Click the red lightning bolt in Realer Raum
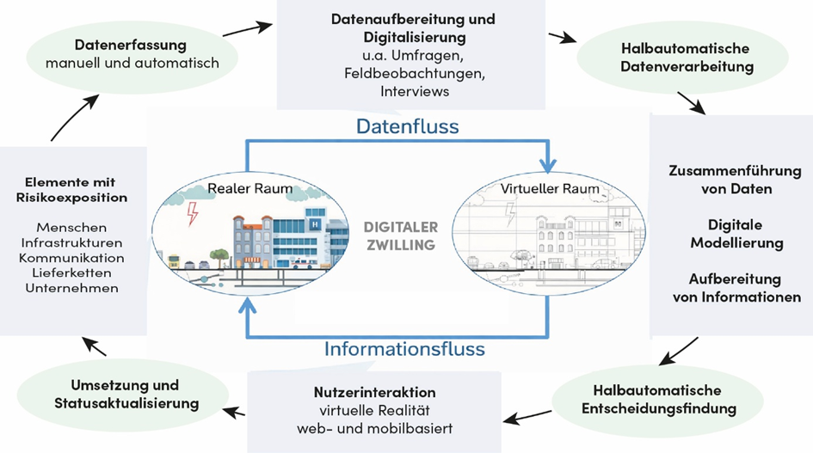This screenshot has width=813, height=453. (193, 213)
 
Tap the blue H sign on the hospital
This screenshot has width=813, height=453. (314, 223)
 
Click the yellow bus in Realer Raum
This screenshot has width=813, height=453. (174, 261)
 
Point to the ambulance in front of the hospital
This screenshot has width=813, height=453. (302, 263)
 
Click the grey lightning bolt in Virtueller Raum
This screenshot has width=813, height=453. (511, 213)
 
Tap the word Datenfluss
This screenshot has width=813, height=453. (408, 126)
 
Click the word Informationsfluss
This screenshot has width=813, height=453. (404, 349)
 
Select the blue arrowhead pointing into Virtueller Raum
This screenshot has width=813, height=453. (547, 165)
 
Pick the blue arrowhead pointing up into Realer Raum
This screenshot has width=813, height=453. (247, 305)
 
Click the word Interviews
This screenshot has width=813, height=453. (415, 91)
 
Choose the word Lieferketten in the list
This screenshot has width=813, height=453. (71, 272)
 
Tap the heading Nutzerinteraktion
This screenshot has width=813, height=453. (374, 392)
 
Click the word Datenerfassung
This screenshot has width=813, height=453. (131, 45)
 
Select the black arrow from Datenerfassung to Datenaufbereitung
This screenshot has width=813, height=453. (247, 29)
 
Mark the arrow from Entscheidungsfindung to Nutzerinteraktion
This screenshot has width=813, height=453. (528, 417)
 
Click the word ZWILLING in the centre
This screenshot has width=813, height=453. (401, 245)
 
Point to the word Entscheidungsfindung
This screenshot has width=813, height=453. (658, 408)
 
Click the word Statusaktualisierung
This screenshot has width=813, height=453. (126, 403)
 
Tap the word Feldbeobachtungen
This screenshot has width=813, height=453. (415, 73)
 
